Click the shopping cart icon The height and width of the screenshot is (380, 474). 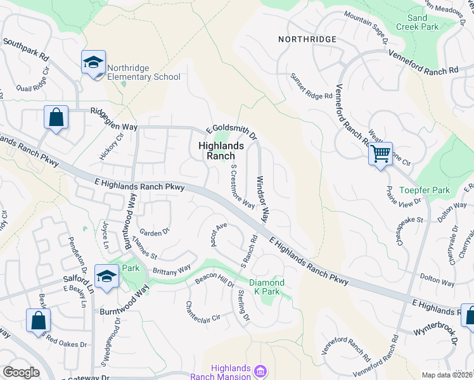[380, 153]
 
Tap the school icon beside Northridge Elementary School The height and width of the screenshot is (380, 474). [94, 63]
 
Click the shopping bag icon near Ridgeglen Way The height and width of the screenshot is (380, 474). [56, 117]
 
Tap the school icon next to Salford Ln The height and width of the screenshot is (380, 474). [106, 276]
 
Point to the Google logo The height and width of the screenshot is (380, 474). [21, 372]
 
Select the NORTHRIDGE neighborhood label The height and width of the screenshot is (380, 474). [307, 39]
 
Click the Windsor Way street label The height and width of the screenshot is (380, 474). [260, 199]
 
